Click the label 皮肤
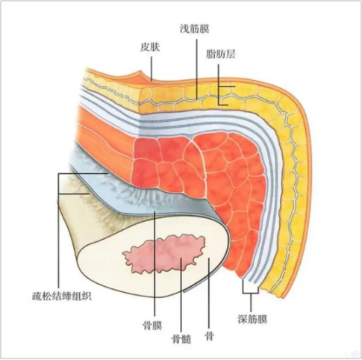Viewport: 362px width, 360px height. (x=150, y=47)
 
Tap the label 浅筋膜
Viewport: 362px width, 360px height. (x=195, y=28)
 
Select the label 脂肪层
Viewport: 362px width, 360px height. (x=220, y=54)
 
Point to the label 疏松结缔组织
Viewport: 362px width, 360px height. (x=62, y=296)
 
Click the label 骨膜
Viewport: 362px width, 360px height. (x=152, y=325)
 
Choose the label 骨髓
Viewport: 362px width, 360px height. (x=181, y=338)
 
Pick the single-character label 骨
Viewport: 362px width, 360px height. (x=209, y=336)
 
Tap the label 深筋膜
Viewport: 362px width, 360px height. (x=252, y=319)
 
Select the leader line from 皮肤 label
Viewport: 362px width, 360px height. (x=152, y=68)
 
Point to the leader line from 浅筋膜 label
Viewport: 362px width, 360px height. (x=196, y=69)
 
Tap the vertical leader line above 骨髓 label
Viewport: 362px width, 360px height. (x=181, y=294)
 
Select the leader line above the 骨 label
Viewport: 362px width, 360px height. (x=209, y=293)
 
